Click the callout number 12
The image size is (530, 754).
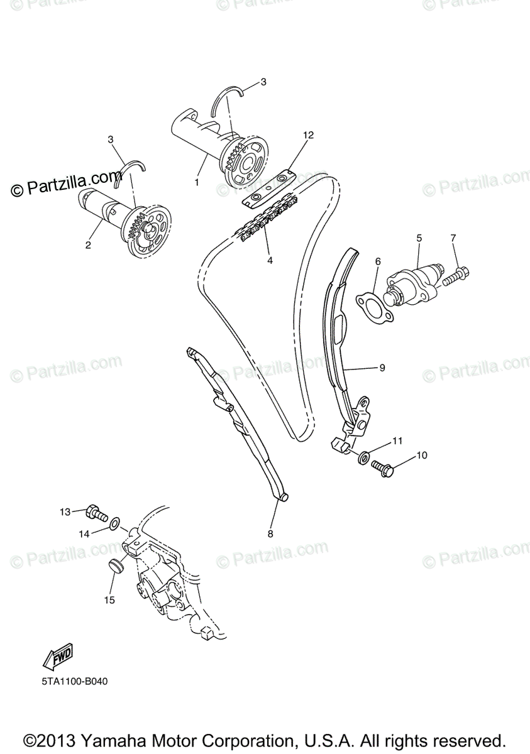[x=307, y=135]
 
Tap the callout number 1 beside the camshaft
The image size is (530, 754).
[x=196, y=183]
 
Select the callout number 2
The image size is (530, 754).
[x=88, y=244]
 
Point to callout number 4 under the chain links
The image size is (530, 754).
[x=270, y=260]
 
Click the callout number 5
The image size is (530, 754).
[x=419, y=239]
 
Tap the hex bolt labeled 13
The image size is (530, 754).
[x=96, y=513]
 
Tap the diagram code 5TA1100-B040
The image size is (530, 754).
[x=71, y=680]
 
